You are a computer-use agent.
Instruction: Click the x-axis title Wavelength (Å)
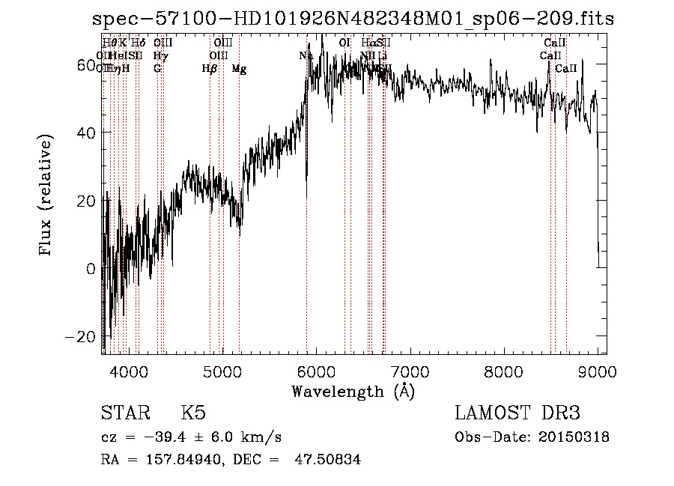coord(353,391)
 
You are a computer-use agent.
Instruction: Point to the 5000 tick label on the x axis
coord(222,371)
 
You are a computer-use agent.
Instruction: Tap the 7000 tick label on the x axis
coord(410,371)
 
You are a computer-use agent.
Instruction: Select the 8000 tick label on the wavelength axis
coord(503,371)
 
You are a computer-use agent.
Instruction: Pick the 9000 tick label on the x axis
coord(597,371)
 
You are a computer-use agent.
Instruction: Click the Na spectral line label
coord(306,55)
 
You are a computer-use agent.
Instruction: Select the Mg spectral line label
coord(239,69)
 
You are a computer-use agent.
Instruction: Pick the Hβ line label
coord(210,69)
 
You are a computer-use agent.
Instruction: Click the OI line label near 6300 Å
coord(344,43)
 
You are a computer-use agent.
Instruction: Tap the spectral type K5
coord(193,413)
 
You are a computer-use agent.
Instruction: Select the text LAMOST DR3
coord(517,413)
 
